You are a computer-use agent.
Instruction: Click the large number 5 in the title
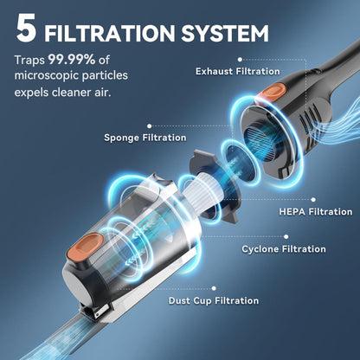point(26,28)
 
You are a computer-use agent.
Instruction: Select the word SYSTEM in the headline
point(225,34)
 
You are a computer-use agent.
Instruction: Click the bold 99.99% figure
point(72,60)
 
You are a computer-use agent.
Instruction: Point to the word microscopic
point(46,75)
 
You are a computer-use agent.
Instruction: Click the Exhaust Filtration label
point(238,71)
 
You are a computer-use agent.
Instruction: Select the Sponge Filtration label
point(145,138)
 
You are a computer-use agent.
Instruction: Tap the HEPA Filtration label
point(316,212)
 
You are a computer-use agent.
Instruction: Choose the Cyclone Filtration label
point(284,249)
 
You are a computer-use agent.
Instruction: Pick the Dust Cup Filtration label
point(214,300)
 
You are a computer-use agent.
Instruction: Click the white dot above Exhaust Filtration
point(240,60)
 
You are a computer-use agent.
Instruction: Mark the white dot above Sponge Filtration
point(149,126)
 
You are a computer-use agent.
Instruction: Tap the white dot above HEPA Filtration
point(313,200)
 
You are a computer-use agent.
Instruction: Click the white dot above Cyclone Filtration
point(286,237)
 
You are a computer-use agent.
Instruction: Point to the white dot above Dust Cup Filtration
point(214,288)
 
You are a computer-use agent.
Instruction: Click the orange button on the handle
point(271,93)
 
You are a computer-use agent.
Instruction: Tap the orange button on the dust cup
point(85,246)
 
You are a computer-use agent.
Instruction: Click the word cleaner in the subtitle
point(71,93)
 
